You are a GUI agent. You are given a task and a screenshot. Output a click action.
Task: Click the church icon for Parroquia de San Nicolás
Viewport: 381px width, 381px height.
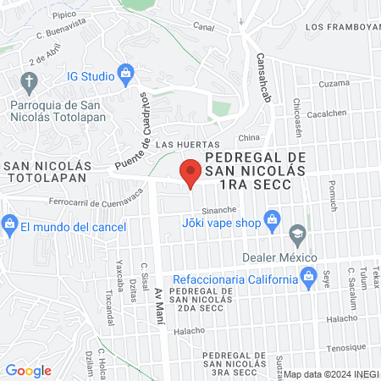(x=30, y=82)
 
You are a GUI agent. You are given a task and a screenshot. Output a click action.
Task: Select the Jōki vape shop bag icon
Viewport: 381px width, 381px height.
(x=272, y=222)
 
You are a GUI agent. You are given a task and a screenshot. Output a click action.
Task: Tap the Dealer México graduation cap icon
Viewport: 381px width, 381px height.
(x=297, y=233)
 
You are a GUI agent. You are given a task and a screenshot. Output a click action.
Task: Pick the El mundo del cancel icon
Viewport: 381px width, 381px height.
(x=9, y=226)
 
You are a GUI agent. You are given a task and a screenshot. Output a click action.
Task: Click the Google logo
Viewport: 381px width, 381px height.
(x=28, y=371)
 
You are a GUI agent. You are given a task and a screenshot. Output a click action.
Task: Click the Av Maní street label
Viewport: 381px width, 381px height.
(x=158, y=306)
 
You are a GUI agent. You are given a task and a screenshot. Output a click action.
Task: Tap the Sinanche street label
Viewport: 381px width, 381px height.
(x=218, y=209)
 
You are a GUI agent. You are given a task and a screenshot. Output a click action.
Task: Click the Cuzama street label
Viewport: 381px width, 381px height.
(x=333, y=84)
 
